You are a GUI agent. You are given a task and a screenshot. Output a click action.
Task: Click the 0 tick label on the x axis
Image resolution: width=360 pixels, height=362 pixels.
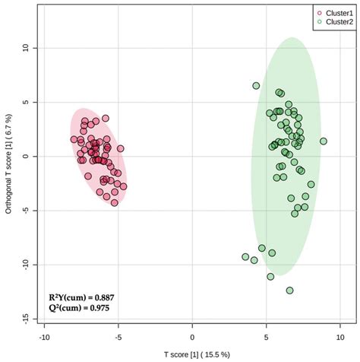click(x=193, y=337)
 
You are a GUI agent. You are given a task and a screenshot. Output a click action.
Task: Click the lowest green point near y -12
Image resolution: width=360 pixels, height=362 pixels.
click(x=289, y=290)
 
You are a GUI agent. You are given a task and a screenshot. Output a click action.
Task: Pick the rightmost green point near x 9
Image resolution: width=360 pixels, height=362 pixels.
click(x=324, y=141)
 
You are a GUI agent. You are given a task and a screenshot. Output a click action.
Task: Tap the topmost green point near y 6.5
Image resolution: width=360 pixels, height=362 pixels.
click(x=256, y=86)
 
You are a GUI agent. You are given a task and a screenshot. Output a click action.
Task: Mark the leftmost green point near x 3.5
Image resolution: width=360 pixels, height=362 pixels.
click(x=245, y=257)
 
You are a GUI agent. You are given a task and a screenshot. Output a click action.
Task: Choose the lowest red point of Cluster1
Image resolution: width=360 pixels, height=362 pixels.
click(x=115, y=202)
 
